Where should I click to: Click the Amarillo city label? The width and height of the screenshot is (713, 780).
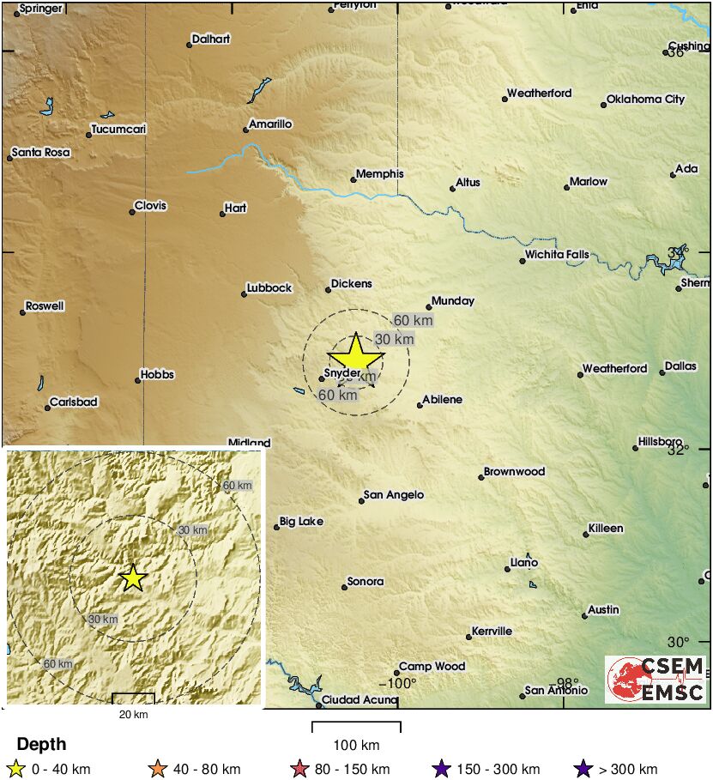(270, 124)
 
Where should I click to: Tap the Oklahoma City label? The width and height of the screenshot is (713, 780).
(645, 100)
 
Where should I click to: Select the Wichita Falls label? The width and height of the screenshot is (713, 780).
(558, 255)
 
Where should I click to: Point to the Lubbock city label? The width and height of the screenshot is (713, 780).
(269, 288)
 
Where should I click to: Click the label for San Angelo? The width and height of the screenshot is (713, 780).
(394, 495)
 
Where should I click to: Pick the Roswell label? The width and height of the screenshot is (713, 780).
(45, 306)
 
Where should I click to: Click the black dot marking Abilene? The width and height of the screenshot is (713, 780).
(420, 405)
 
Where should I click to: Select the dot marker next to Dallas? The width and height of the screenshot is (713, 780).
(662, 372)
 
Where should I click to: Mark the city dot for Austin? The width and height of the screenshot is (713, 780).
(584, 615)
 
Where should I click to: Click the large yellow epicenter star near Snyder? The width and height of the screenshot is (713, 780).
(355, 354)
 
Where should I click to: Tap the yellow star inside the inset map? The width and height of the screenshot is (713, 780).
(132, 577)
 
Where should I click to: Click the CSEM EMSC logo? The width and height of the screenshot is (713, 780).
(656, 680)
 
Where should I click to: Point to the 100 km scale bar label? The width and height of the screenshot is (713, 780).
(356, 744)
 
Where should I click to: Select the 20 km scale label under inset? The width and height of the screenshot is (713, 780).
(133, 714)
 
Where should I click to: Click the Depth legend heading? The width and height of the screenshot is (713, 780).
(41, 744)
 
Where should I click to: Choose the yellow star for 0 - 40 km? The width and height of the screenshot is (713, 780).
(15, 769)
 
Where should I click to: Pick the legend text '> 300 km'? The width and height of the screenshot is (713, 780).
(628, 769)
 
